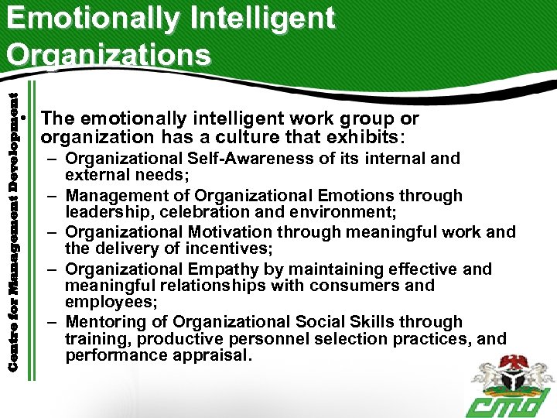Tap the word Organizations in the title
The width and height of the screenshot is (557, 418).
pos(108,54)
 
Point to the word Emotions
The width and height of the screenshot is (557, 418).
pos(378,196)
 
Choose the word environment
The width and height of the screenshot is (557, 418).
pos(330,211)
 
